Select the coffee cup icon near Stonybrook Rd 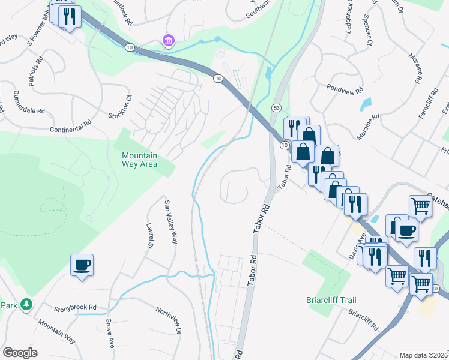click(82, 265)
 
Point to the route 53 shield click(276, 107)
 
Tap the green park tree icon click(26, 305)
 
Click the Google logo click(20, 353)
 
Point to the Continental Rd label click(71, 125)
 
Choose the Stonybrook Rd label click(75, 307)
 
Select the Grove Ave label click(110, 333)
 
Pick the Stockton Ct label click(119, 107)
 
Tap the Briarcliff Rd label click(363, 320)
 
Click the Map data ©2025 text click(424, 355)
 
